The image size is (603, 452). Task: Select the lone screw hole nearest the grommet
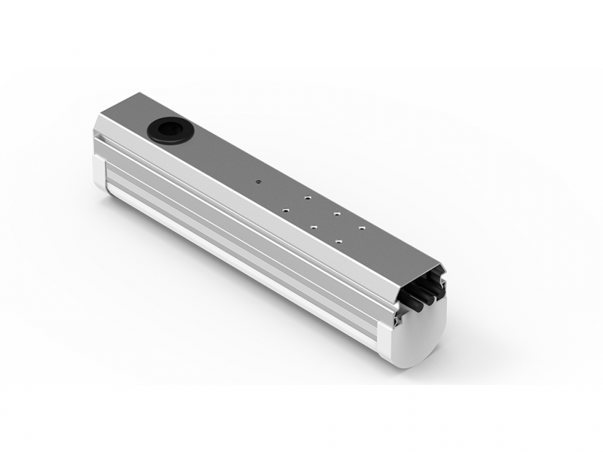(259, 182)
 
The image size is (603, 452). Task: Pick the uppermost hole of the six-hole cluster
(308, 197)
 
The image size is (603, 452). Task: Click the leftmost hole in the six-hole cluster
(286, 210)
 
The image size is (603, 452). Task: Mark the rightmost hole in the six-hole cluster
(362, 228)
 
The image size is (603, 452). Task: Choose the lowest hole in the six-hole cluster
(338, 241)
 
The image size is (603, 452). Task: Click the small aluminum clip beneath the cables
(398, 320)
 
